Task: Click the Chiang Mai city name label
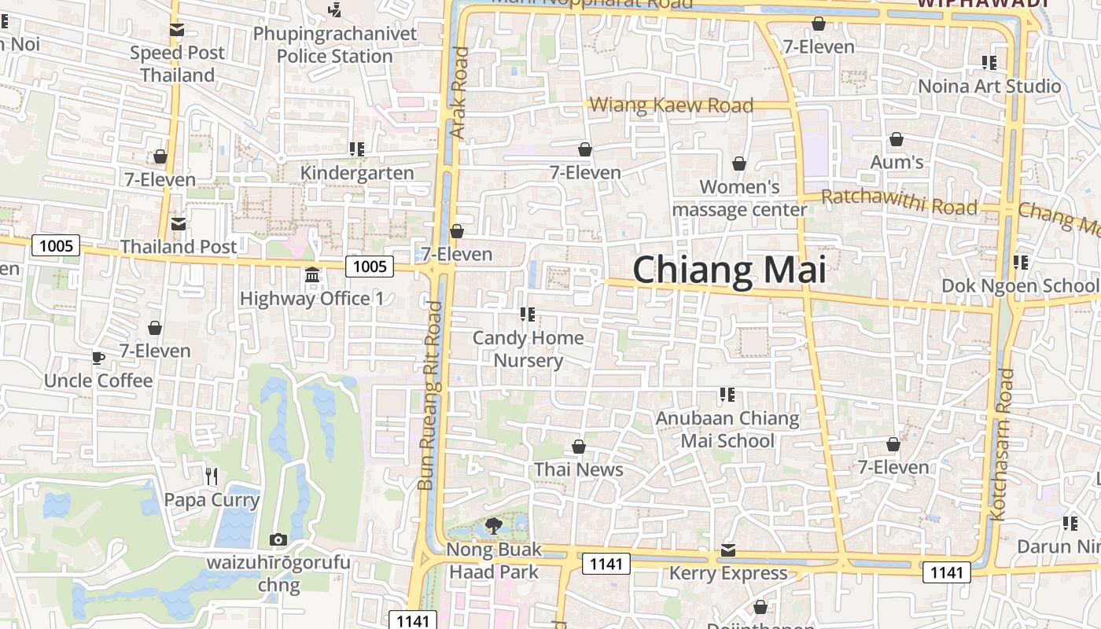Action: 729,270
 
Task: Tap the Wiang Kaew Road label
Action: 672,105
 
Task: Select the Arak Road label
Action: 459,93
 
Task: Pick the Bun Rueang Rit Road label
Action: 431,395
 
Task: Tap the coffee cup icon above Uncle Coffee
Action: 98,358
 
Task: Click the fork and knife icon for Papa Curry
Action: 211,476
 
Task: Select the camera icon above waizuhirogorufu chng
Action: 278,539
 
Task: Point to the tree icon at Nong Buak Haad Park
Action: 494,525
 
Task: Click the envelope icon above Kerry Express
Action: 728,550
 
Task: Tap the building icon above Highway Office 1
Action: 312,275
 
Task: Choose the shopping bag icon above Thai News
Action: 579,447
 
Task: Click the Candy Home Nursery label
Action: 528,349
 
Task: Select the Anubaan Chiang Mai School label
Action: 727,429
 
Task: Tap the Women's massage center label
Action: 739,198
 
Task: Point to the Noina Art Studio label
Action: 989,86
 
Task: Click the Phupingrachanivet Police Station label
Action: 335,45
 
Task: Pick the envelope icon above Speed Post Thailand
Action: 177,30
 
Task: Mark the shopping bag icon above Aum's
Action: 896,140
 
